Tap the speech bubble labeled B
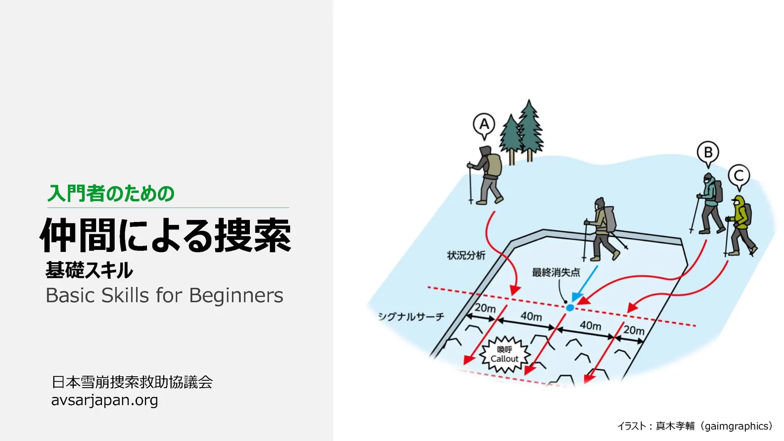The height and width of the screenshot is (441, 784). tap(708, 153)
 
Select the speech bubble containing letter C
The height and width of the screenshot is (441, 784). tap(739, 176)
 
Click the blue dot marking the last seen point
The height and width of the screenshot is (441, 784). tap(570, 308)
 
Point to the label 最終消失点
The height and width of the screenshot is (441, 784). tap(556, 272)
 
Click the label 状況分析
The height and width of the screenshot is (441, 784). tap(466, 255)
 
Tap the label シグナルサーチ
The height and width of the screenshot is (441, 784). tap(411, 317)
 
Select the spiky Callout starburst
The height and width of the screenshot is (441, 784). tap(504, 354)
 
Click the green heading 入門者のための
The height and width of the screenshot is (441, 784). tap(111, 193)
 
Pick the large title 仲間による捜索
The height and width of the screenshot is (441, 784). tap(166, 235)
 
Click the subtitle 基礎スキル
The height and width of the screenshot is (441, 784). tap(89, 270)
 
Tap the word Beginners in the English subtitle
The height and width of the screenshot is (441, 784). tap(236, 296)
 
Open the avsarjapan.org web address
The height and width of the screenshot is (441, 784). tap(105, 400)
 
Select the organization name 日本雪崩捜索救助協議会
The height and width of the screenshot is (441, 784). tap(132, 382)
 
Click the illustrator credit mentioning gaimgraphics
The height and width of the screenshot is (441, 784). tap(695, 426)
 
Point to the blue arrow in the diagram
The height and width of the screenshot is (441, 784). tap(585, 284)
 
